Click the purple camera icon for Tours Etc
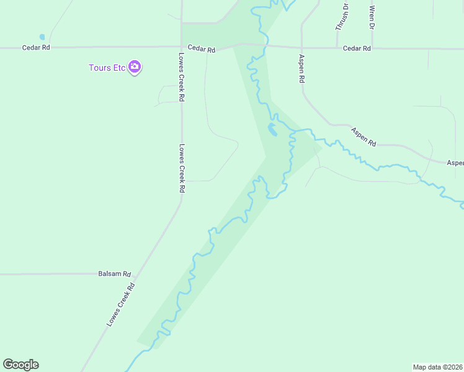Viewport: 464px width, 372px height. [x=135, y=67]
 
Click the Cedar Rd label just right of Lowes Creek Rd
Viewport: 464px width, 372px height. [x=201, y=49]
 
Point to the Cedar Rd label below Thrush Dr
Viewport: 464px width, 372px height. [x=357, y=48]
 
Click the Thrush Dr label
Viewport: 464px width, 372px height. [x=342, y=17]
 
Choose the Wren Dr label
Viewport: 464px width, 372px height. [x=372, y=18]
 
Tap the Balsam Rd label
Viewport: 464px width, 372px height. [x=115, y=273]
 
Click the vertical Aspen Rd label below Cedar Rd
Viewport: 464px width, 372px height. [x=302, y=69]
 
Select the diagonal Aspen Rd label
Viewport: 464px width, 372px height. [x=364, y=136]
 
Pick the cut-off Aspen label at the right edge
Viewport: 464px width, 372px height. [x=455, y=162]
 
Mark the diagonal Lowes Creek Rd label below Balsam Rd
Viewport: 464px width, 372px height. [x=121, y=305]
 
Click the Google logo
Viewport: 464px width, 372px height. [x=20, y=365]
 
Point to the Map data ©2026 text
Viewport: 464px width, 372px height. [x=437, y=367]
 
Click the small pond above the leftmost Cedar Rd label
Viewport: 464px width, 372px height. [x=42, y=37]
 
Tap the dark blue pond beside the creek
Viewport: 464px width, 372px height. [x=272, y=130]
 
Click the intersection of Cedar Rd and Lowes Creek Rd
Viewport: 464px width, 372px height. [x=182, y=46]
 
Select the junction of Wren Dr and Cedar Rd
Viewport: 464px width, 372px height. [x=372, y=48]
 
